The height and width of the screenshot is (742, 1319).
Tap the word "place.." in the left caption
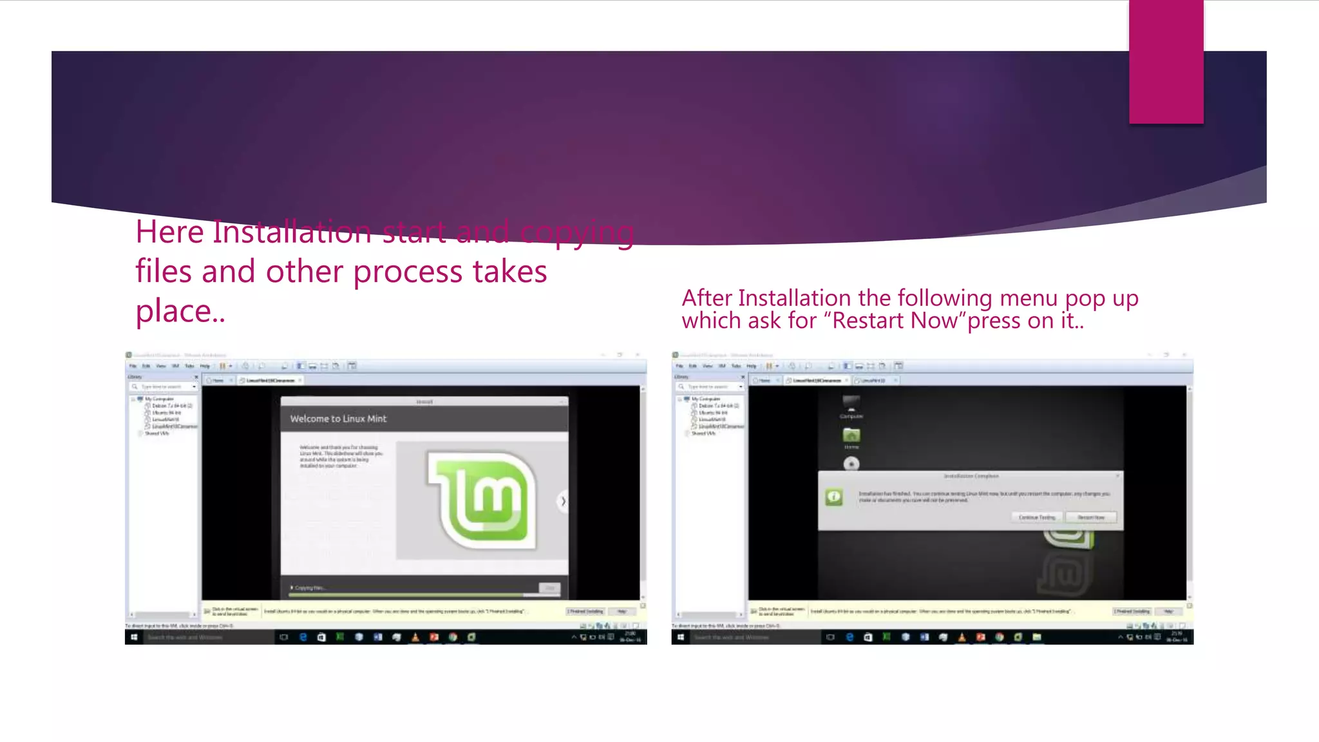(x=180, y=311)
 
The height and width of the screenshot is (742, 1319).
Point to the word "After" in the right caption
(x=707, y=298)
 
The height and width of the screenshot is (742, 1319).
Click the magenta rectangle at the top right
(x=1166, y=62)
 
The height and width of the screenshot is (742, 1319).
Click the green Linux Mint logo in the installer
(x=482, y=500)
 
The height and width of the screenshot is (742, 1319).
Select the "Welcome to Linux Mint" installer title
(x=338, y=419)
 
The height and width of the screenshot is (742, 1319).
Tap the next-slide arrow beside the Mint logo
(x=563, y=501)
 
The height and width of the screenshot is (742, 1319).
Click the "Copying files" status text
(x=310, y=587)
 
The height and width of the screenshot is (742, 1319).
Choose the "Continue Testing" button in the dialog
(x=1037, y=517)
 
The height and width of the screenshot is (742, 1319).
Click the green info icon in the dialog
(x=834, y=497)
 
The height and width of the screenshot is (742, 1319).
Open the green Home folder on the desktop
(x=851, y=436)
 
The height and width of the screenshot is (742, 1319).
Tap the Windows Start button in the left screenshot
(x=134, y=637)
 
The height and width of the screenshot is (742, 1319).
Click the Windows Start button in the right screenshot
(x=681, y=637)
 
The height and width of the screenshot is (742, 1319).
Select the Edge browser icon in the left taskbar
(x=303, y=637)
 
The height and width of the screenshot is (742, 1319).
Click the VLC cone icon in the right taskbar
(x=962, y=637)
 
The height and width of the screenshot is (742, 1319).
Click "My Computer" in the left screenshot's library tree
(x=158, y=399)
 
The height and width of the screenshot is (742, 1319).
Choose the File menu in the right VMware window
(x=679, y=366)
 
